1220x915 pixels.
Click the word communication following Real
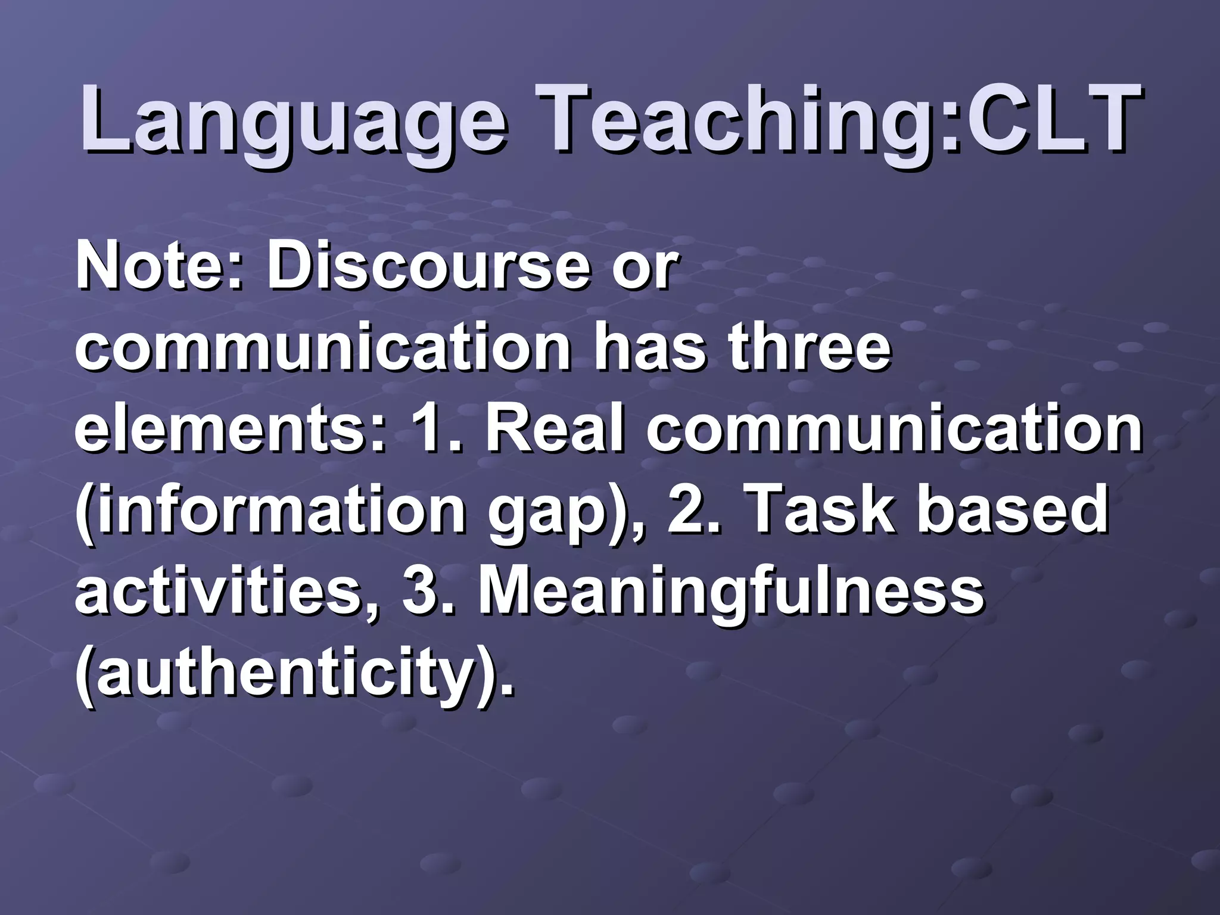pos(894,429)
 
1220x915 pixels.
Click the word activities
pos(226,593)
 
